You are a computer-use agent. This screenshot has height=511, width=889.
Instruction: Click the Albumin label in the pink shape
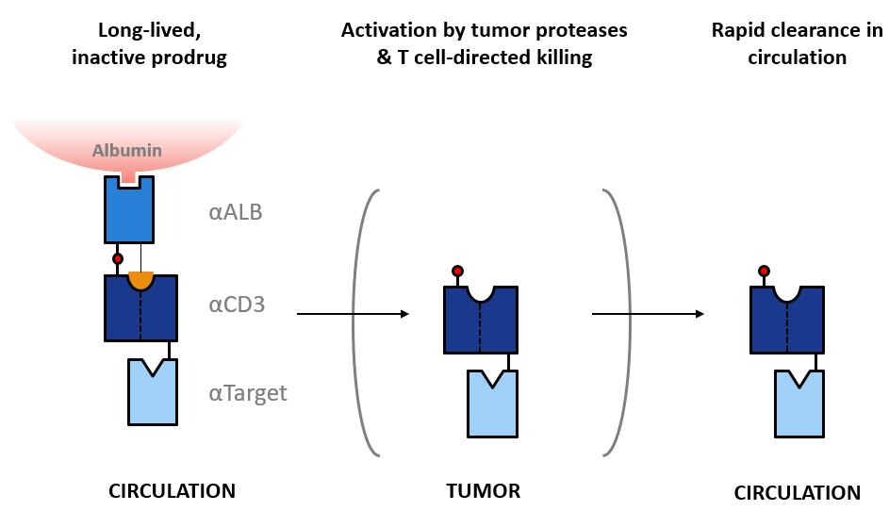click(127, 150)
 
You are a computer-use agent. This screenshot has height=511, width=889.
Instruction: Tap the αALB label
click(236, 212)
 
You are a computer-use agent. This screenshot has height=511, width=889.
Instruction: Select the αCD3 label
click(237, 305)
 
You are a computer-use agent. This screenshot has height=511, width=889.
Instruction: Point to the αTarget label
click(248, 393)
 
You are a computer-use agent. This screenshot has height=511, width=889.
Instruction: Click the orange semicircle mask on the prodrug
click(140, 280)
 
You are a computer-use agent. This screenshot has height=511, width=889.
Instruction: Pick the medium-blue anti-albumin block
click(129, 209)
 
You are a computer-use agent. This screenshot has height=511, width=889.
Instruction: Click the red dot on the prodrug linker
click(117, 259)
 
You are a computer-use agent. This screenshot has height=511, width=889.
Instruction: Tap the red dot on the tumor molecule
click(457, 272)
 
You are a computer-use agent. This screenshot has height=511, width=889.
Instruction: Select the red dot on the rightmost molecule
click(764, 272)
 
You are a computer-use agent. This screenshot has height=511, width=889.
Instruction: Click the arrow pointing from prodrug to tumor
click(353, 314)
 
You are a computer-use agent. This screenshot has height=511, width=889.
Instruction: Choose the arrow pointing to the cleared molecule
click(648, 314)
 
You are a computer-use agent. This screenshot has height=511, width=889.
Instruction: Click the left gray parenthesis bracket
click(365, 322)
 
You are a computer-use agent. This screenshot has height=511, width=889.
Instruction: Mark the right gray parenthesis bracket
click(617, 322)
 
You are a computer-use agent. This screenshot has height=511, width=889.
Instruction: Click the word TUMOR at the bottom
click(483, 491)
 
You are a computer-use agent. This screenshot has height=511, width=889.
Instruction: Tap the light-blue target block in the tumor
click(492, 404)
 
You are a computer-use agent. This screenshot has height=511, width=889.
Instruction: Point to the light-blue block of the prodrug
click(153, 392)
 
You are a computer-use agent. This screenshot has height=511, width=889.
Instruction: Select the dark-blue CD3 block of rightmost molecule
click(787, 320)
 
